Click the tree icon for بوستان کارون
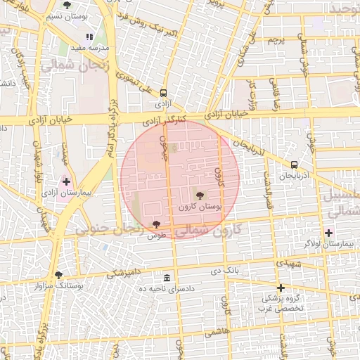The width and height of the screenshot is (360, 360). pyautogui.click(x=200, y=195)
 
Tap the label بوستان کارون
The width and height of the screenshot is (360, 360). pyautogui.click(x=200, y=207)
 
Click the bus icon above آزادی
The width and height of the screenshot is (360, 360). pyautogui.click(x=164, y=93)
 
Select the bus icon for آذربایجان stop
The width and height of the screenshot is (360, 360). pyautogui.click(x=294, y=165)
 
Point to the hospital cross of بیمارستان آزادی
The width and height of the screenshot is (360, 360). pyautogui.click(x=67, y=181)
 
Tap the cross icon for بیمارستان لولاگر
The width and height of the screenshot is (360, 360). pyautogui.click(x=328, y=233)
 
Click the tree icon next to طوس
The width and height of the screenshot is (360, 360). pyautogui.click(x=156, y=224)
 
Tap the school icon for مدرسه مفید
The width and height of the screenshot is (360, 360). pyautogui.click(x=89, y=37)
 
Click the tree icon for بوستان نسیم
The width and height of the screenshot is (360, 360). pyautogui.click(x=66, y=5)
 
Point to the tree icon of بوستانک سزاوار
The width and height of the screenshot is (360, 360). pyautogui.click(x=58, y=275)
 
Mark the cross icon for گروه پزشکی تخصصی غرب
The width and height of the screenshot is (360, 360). pyautogui.click(x=281, y=288)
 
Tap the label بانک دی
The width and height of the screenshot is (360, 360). pyautogui.click(x=226, y=269)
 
